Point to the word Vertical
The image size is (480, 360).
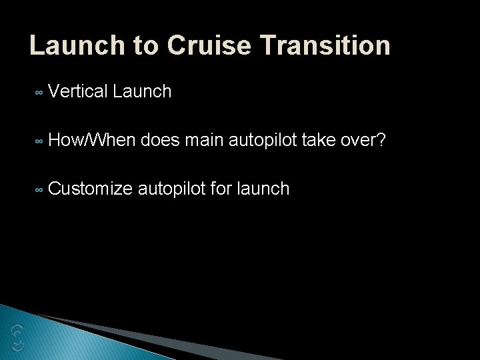tap(78, 91)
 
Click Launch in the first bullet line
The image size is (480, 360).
tap(142, 91)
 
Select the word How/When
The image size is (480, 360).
tap(92, 140)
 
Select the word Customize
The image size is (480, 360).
tap(91, 189)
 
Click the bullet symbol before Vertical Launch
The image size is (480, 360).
tap(39, 93)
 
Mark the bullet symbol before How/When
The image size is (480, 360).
tap(39, 142)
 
